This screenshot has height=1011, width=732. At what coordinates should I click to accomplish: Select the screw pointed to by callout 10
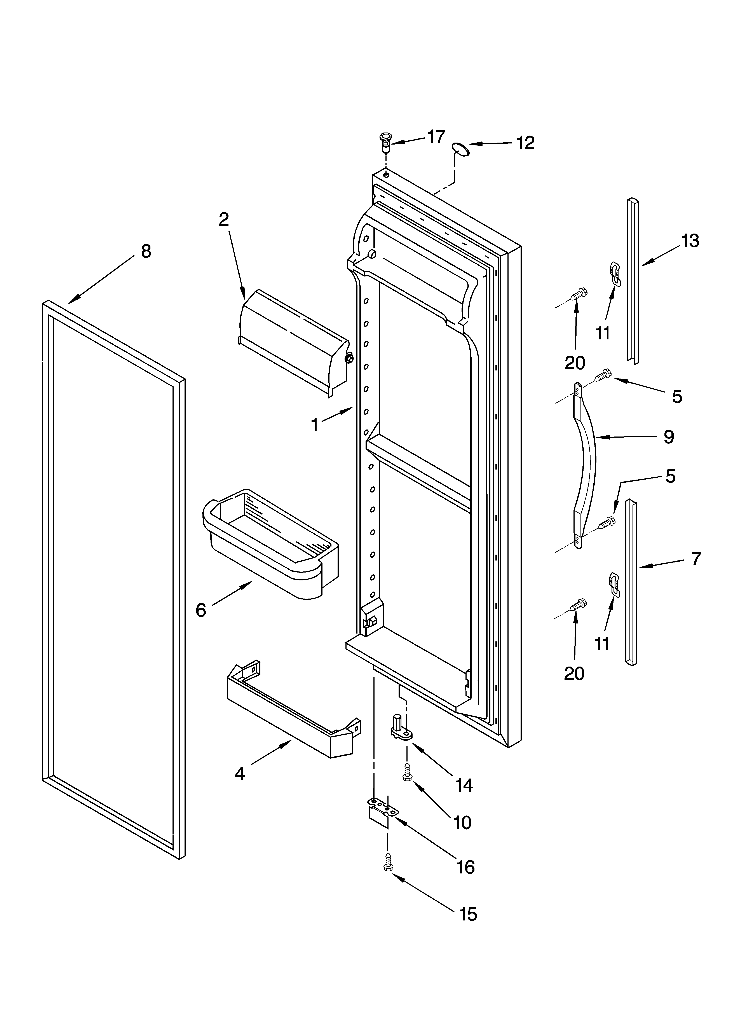[407, 771]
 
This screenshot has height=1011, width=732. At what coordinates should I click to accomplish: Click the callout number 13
[690, 241]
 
